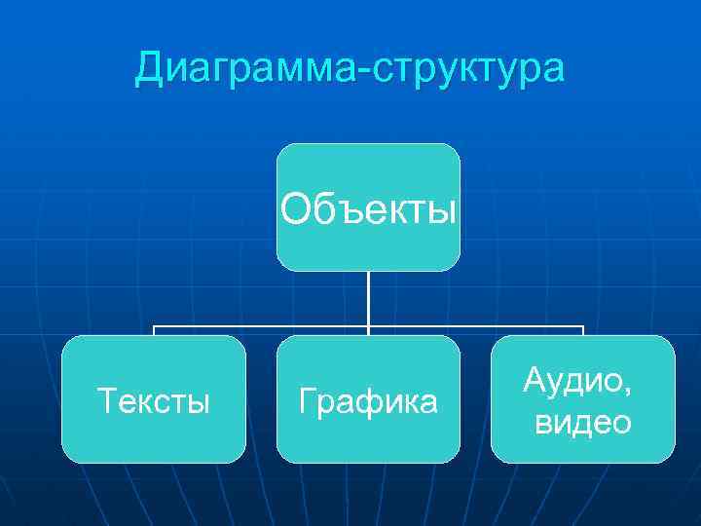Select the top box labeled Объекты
coord(368,207)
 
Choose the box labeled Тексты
coord(154,398)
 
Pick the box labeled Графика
coord(368,398)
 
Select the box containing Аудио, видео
coord(582,398)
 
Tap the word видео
coord(583,422)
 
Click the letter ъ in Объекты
coord(334,207)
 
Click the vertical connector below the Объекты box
coord(368,297)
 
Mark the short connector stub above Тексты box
coord(154,330)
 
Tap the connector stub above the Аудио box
coord(582,330)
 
